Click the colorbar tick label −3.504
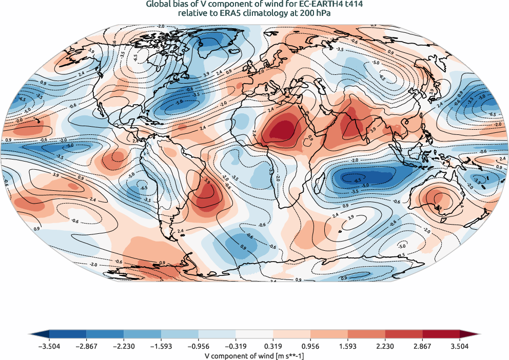pos(49,347)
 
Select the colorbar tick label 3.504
pos(460,347)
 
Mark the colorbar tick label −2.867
pos(86,347)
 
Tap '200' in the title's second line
pos(302,13)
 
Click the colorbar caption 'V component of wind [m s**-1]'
pos(254,355)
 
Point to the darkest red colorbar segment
pos(441,334)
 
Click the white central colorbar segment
pos(254,334)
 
